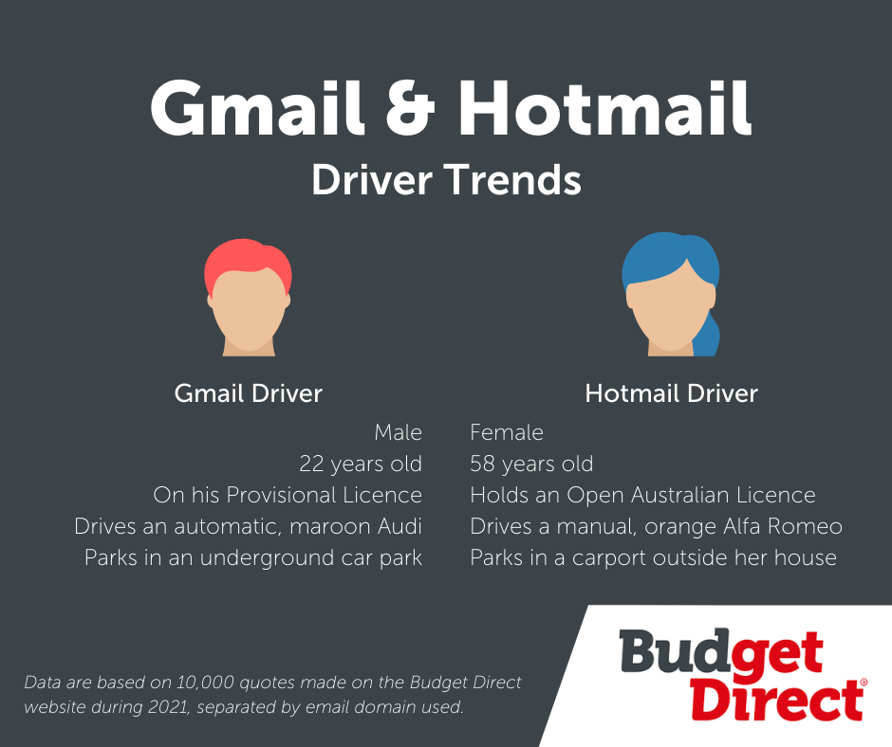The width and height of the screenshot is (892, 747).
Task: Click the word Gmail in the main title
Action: pos(257,107)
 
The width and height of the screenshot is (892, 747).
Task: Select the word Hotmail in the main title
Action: pos(605,107)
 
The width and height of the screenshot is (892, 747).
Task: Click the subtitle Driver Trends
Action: pos(446,180)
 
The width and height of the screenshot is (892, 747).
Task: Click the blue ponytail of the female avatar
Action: pos(707,336)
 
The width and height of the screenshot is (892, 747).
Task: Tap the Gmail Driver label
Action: pos(248,393)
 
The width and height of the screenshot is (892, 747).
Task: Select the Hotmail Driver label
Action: pos(671,393)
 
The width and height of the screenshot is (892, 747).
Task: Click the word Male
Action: pos(399,432)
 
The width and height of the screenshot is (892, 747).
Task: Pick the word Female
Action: pos(507,432)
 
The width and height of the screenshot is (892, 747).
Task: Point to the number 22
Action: pos(311,464)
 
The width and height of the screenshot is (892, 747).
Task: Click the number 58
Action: pos(482,464)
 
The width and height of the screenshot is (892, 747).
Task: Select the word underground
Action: pos(267,558)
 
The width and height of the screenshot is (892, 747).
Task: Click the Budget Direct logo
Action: pos(743,675)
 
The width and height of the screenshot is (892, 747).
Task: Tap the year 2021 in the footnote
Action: pos(169,707)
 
